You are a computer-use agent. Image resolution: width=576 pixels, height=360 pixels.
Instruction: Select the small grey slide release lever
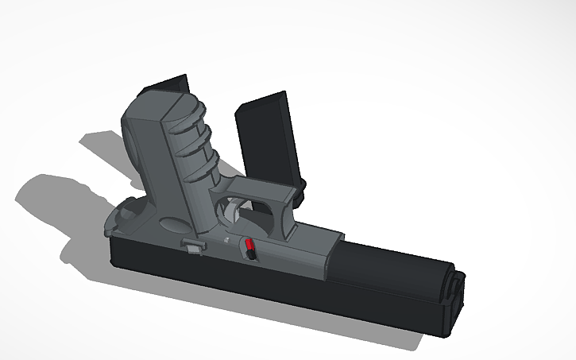(193, 245)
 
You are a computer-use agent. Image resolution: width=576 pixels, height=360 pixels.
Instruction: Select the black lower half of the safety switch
(249, 255)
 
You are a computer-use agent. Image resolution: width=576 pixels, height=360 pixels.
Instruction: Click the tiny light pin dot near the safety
(226, 242)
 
